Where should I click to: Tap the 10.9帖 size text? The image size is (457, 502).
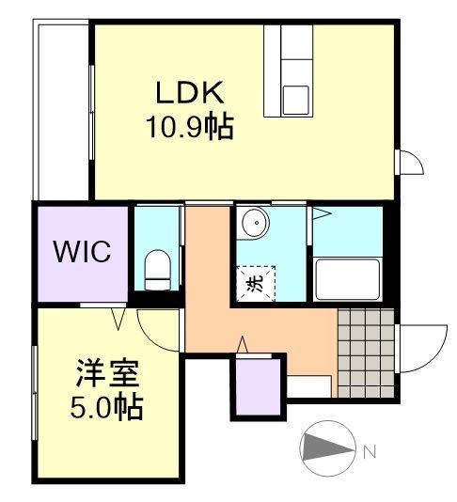tap(188, 126)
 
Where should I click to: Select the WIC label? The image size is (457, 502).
tap(82, 252)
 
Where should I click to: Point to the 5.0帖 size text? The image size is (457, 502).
tap(107, 409)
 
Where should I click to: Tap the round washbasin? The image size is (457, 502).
tap(254, 225)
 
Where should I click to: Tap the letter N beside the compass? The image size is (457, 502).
tap(370, 452)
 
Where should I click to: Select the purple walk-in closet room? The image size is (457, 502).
tap(82, 252)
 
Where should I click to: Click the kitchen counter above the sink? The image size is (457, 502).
tap(293, 47)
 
